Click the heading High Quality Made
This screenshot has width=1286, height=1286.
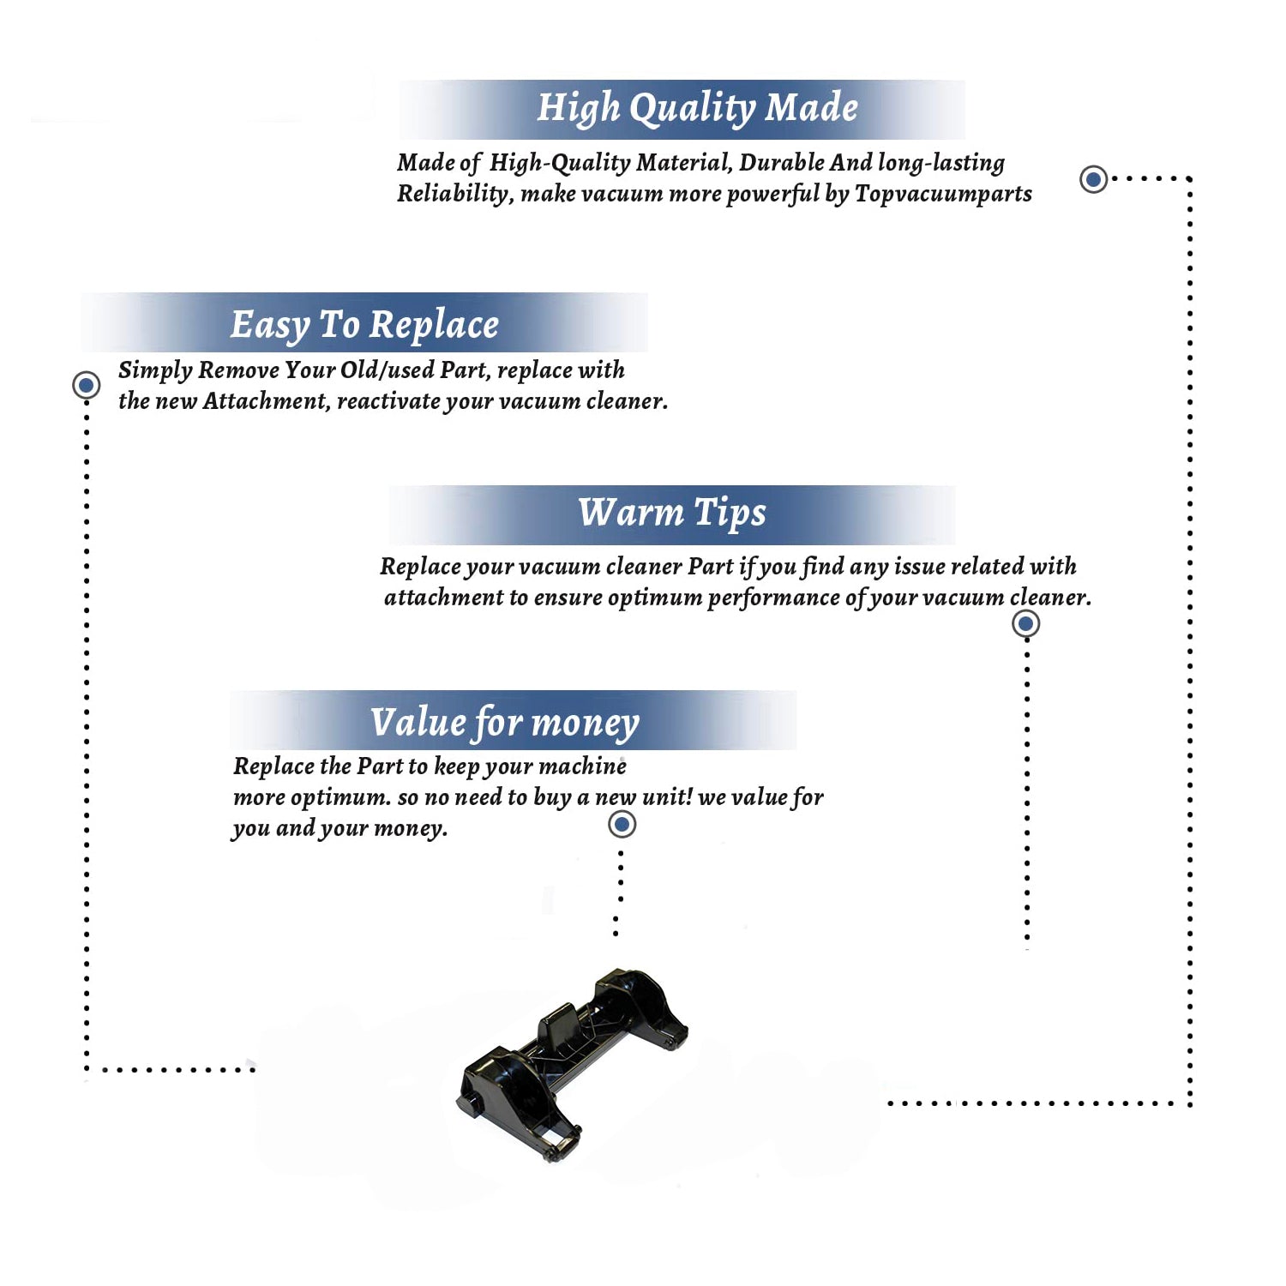[x=697, y=109]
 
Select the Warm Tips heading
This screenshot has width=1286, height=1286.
[x=671, y=514]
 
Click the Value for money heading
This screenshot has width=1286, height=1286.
[x=505, y=723]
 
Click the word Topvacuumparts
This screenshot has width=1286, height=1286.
[x=943, y=195]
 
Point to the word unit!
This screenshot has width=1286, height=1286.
[x=667, y=796]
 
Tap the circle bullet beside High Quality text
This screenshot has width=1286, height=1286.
[x=1093, y=179]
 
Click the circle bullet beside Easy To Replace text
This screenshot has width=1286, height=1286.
[x=86, y=385]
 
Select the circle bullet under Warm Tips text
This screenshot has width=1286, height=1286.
[x=1026, y=623]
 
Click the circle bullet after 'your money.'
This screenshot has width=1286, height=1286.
[x=622, y=825]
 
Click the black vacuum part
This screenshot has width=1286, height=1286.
[x=573, y=1063]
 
